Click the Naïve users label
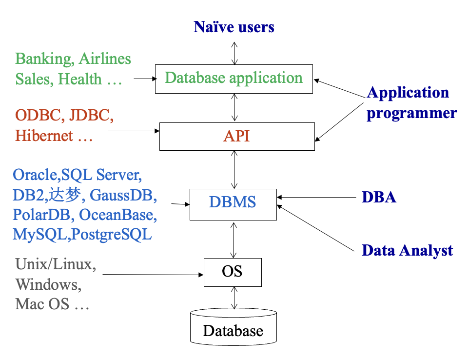[x=234, y=27]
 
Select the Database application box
[x=234, y=79]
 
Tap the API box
[x=237, y=137]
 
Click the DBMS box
[x=233, y=205]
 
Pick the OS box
[x=233, y=273]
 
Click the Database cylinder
[x=234, y=327]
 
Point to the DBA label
[x=379, y=197]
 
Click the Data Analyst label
[x=407, y=250]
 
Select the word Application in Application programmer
[x=408, y=92]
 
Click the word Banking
[x=44, y=59]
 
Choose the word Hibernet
[x=44, y=136]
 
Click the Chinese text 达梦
[x=65, y=195]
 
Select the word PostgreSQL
[x=112, y=235]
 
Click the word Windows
[x=48, y=284]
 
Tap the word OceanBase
[x=118, y=215]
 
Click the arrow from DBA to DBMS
[x=316, y=197]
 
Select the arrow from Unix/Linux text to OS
[x=153, y=274]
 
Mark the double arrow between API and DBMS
[x=234, y=170]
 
